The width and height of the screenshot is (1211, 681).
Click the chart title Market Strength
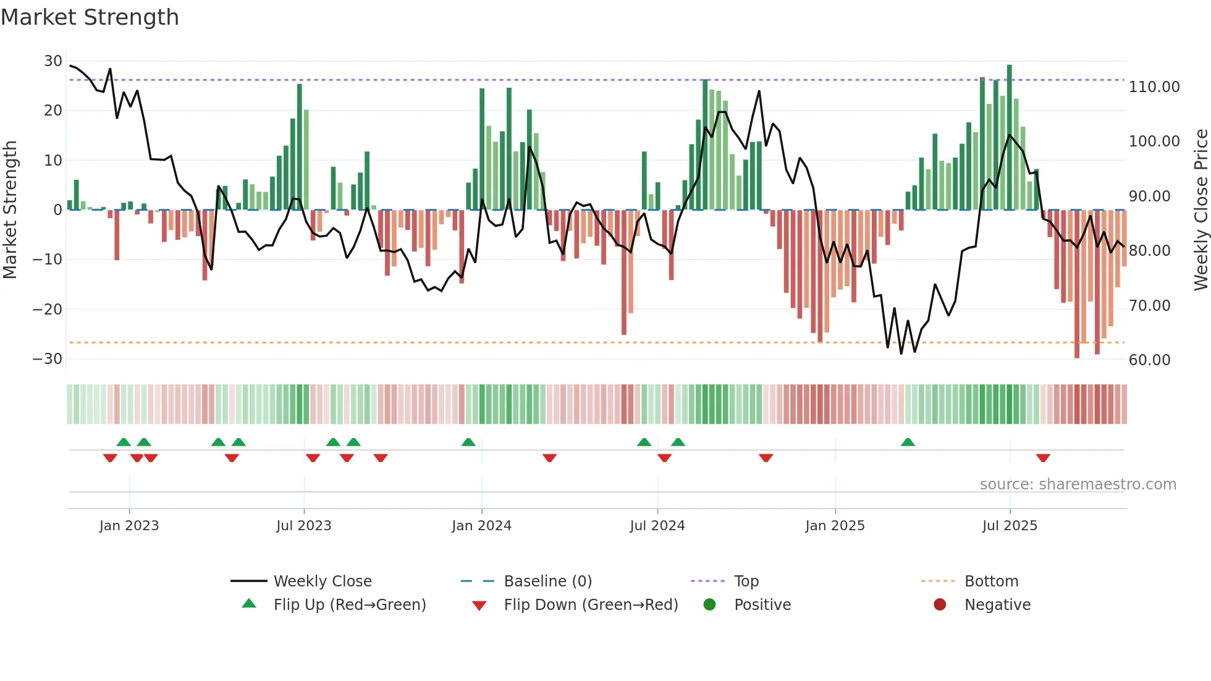tap(90, 17)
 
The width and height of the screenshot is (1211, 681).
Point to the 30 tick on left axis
tap(53, 61)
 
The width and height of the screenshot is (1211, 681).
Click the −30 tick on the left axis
tap(48, 359)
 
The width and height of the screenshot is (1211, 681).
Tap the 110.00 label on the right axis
tap(1154, 87)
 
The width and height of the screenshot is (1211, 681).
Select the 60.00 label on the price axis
tap(1149, 360)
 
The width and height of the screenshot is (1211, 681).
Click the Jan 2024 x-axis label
tap(481, 526)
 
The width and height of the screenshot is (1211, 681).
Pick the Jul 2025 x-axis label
tap(1010, 526)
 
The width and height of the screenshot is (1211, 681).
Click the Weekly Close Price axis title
tap(1200, 210)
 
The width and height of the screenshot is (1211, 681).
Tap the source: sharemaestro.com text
tap(1078, 484)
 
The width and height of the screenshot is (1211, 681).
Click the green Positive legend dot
tap(709, 605)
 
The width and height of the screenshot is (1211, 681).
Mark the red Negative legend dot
tap(940, 605)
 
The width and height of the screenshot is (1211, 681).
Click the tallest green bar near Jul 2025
tap(1010, 136)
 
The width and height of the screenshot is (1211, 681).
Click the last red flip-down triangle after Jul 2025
tap(1043, 458)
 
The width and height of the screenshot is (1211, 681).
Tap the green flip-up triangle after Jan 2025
tap(908, 442)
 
